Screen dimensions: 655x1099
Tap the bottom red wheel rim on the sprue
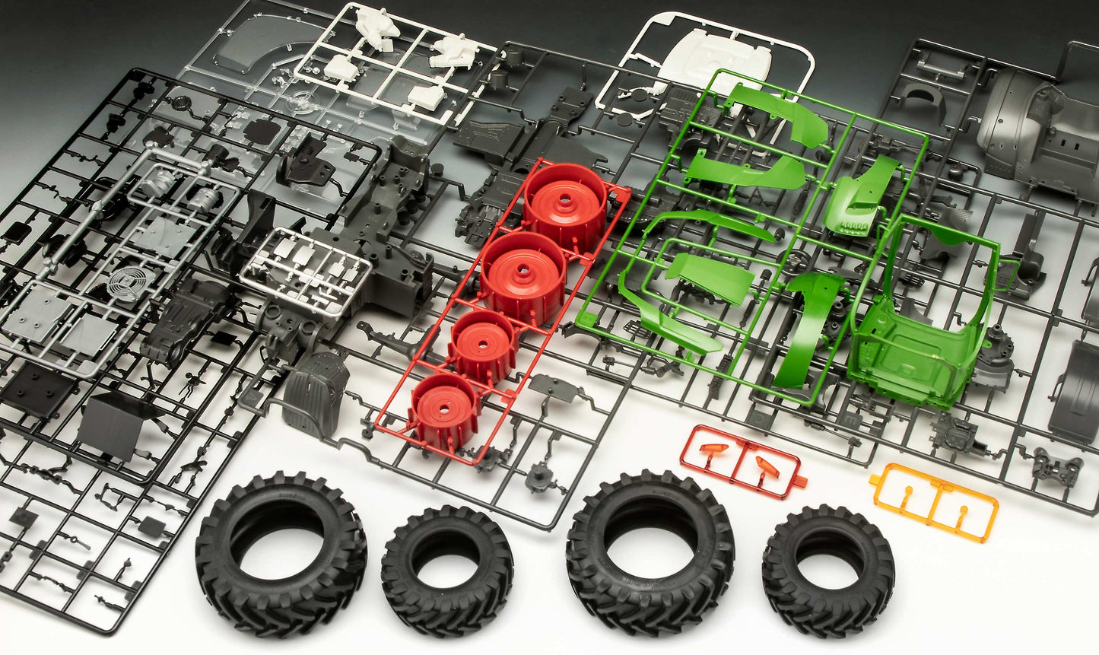coord(445,406)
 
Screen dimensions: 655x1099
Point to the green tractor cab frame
coord(916,342)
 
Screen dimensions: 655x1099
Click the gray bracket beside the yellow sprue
coord(1057,468)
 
